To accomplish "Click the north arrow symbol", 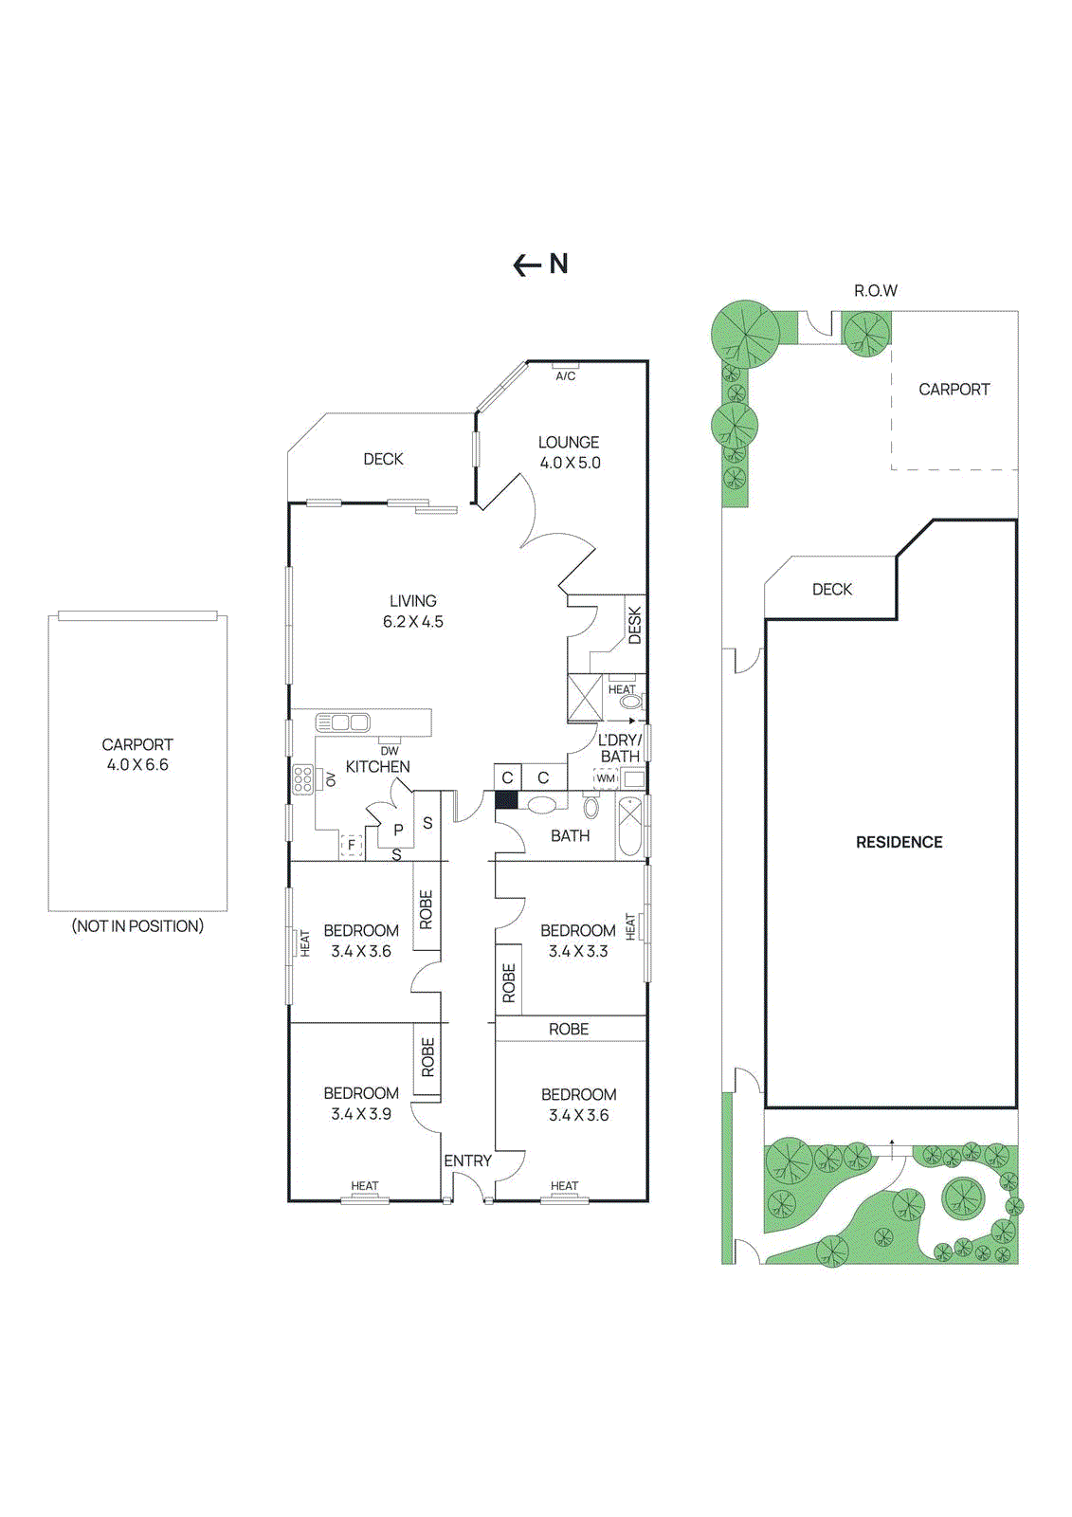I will pos(539,265).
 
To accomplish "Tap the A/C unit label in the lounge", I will pos(565,375).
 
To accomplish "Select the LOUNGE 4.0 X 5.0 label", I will pos(569,452).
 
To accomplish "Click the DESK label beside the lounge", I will pos(634,626).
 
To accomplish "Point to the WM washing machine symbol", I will pos(606,778).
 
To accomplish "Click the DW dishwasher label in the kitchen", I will pos(390,750).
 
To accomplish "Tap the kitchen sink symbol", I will pos(343,722).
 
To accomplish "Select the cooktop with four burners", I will pos(303,779).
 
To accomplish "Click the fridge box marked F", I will pos(352,844).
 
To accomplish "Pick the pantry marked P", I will pos(398,830).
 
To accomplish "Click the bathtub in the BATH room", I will pos(630,827).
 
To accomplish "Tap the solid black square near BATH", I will pos(506,799).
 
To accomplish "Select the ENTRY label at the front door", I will pos(467,1161).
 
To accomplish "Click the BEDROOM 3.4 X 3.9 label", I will pos(361,1103).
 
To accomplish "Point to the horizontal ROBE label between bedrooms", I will pos(569,1029).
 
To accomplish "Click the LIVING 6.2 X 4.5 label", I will pos(413,611).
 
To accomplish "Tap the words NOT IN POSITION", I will pos(138,925).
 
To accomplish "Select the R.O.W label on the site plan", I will pos(875,290).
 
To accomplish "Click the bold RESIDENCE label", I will pos(899,842).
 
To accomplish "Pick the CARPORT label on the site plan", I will pos(954,389).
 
